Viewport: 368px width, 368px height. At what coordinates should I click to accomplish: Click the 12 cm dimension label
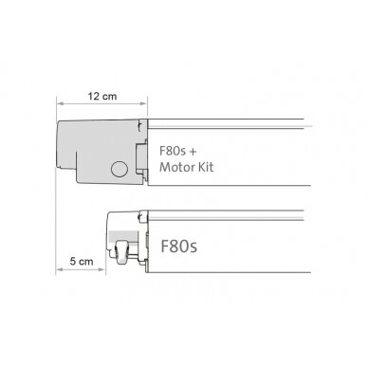(102, 96)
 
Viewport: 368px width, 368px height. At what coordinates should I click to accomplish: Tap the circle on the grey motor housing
(120, 169)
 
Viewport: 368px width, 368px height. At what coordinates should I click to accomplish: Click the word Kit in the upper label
(206, 167)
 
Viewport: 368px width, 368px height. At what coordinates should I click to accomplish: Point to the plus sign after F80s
(193, 152)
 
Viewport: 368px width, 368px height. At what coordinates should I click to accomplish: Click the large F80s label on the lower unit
(179, 246)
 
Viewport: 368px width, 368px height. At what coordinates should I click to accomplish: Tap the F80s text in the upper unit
(173, 151)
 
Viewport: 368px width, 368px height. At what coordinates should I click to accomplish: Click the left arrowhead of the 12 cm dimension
(60, 103)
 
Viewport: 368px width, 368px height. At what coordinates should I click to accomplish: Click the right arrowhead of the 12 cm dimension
(143, 103)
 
